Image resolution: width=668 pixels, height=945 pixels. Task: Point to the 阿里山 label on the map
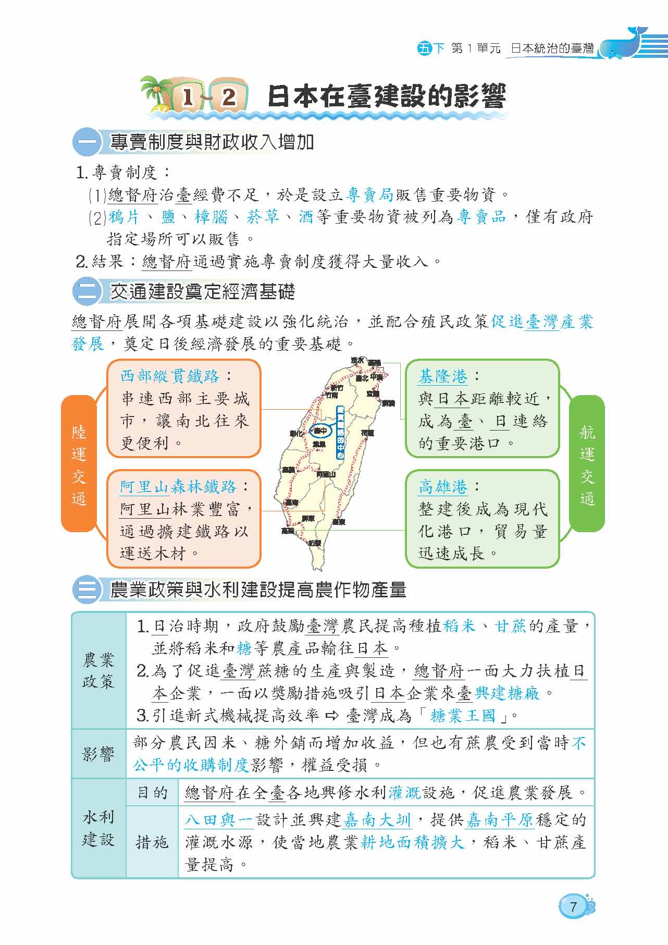point(326,474)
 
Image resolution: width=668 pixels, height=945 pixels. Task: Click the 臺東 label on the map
point(339,521)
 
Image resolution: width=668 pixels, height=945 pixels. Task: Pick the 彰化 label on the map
point(297,433)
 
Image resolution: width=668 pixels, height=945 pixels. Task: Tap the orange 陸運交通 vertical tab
point(79,464)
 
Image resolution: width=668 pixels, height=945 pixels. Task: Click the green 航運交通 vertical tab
point(587,464)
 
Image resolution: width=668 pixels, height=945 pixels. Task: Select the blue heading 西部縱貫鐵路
point(170,376)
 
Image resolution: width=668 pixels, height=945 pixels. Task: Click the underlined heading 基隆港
point(443,376)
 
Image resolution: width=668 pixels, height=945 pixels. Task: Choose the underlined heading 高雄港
point(443,487)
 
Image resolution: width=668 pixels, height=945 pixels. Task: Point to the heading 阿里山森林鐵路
point(178,487)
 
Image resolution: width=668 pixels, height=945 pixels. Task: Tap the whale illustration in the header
point(625,44)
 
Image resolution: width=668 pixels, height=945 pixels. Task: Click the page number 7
point(574,906)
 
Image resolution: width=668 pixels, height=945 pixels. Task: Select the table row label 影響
point(98,754)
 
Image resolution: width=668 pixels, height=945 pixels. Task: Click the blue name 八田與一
point(219,820)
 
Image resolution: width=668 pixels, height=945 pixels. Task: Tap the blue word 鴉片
point(124,217)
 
